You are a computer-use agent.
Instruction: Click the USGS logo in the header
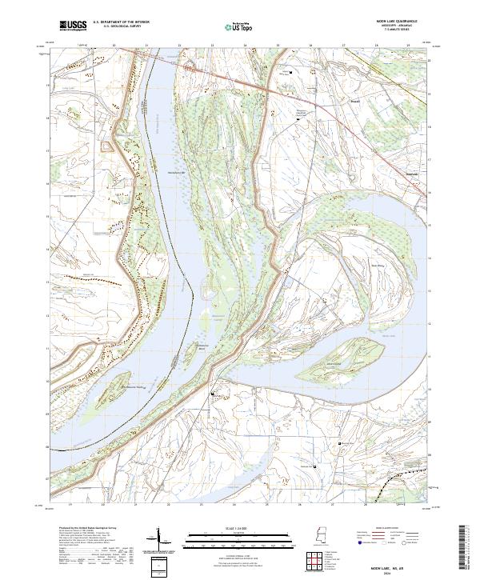point(73,26)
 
